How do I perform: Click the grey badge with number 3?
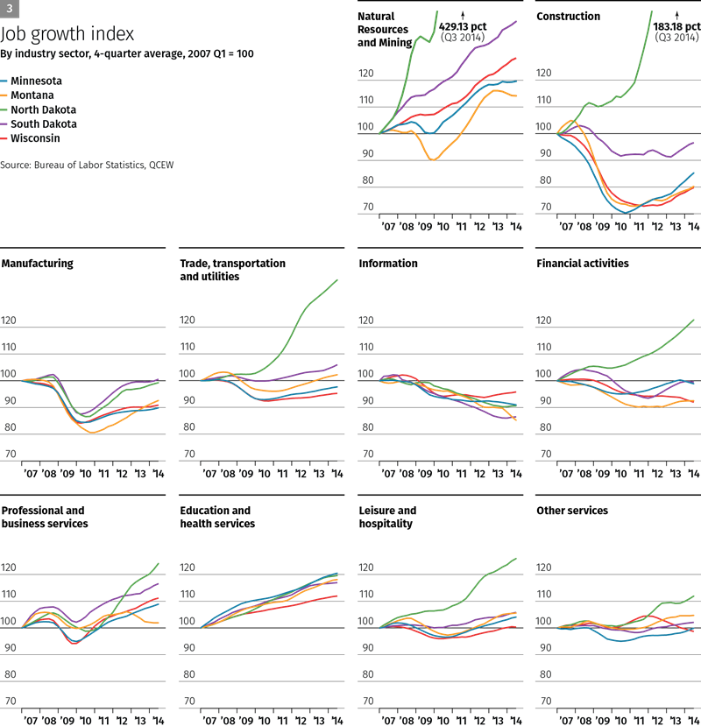pos(9,8)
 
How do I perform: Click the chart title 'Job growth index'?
pos(67,34)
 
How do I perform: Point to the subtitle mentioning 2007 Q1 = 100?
pos(128,53)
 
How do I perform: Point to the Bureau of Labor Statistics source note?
pos(86,164)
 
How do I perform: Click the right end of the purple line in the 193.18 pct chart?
pos(694,142)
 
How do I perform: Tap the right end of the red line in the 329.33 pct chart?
pos(516,58)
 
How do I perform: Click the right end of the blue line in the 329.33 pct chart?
pos(516,81)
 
